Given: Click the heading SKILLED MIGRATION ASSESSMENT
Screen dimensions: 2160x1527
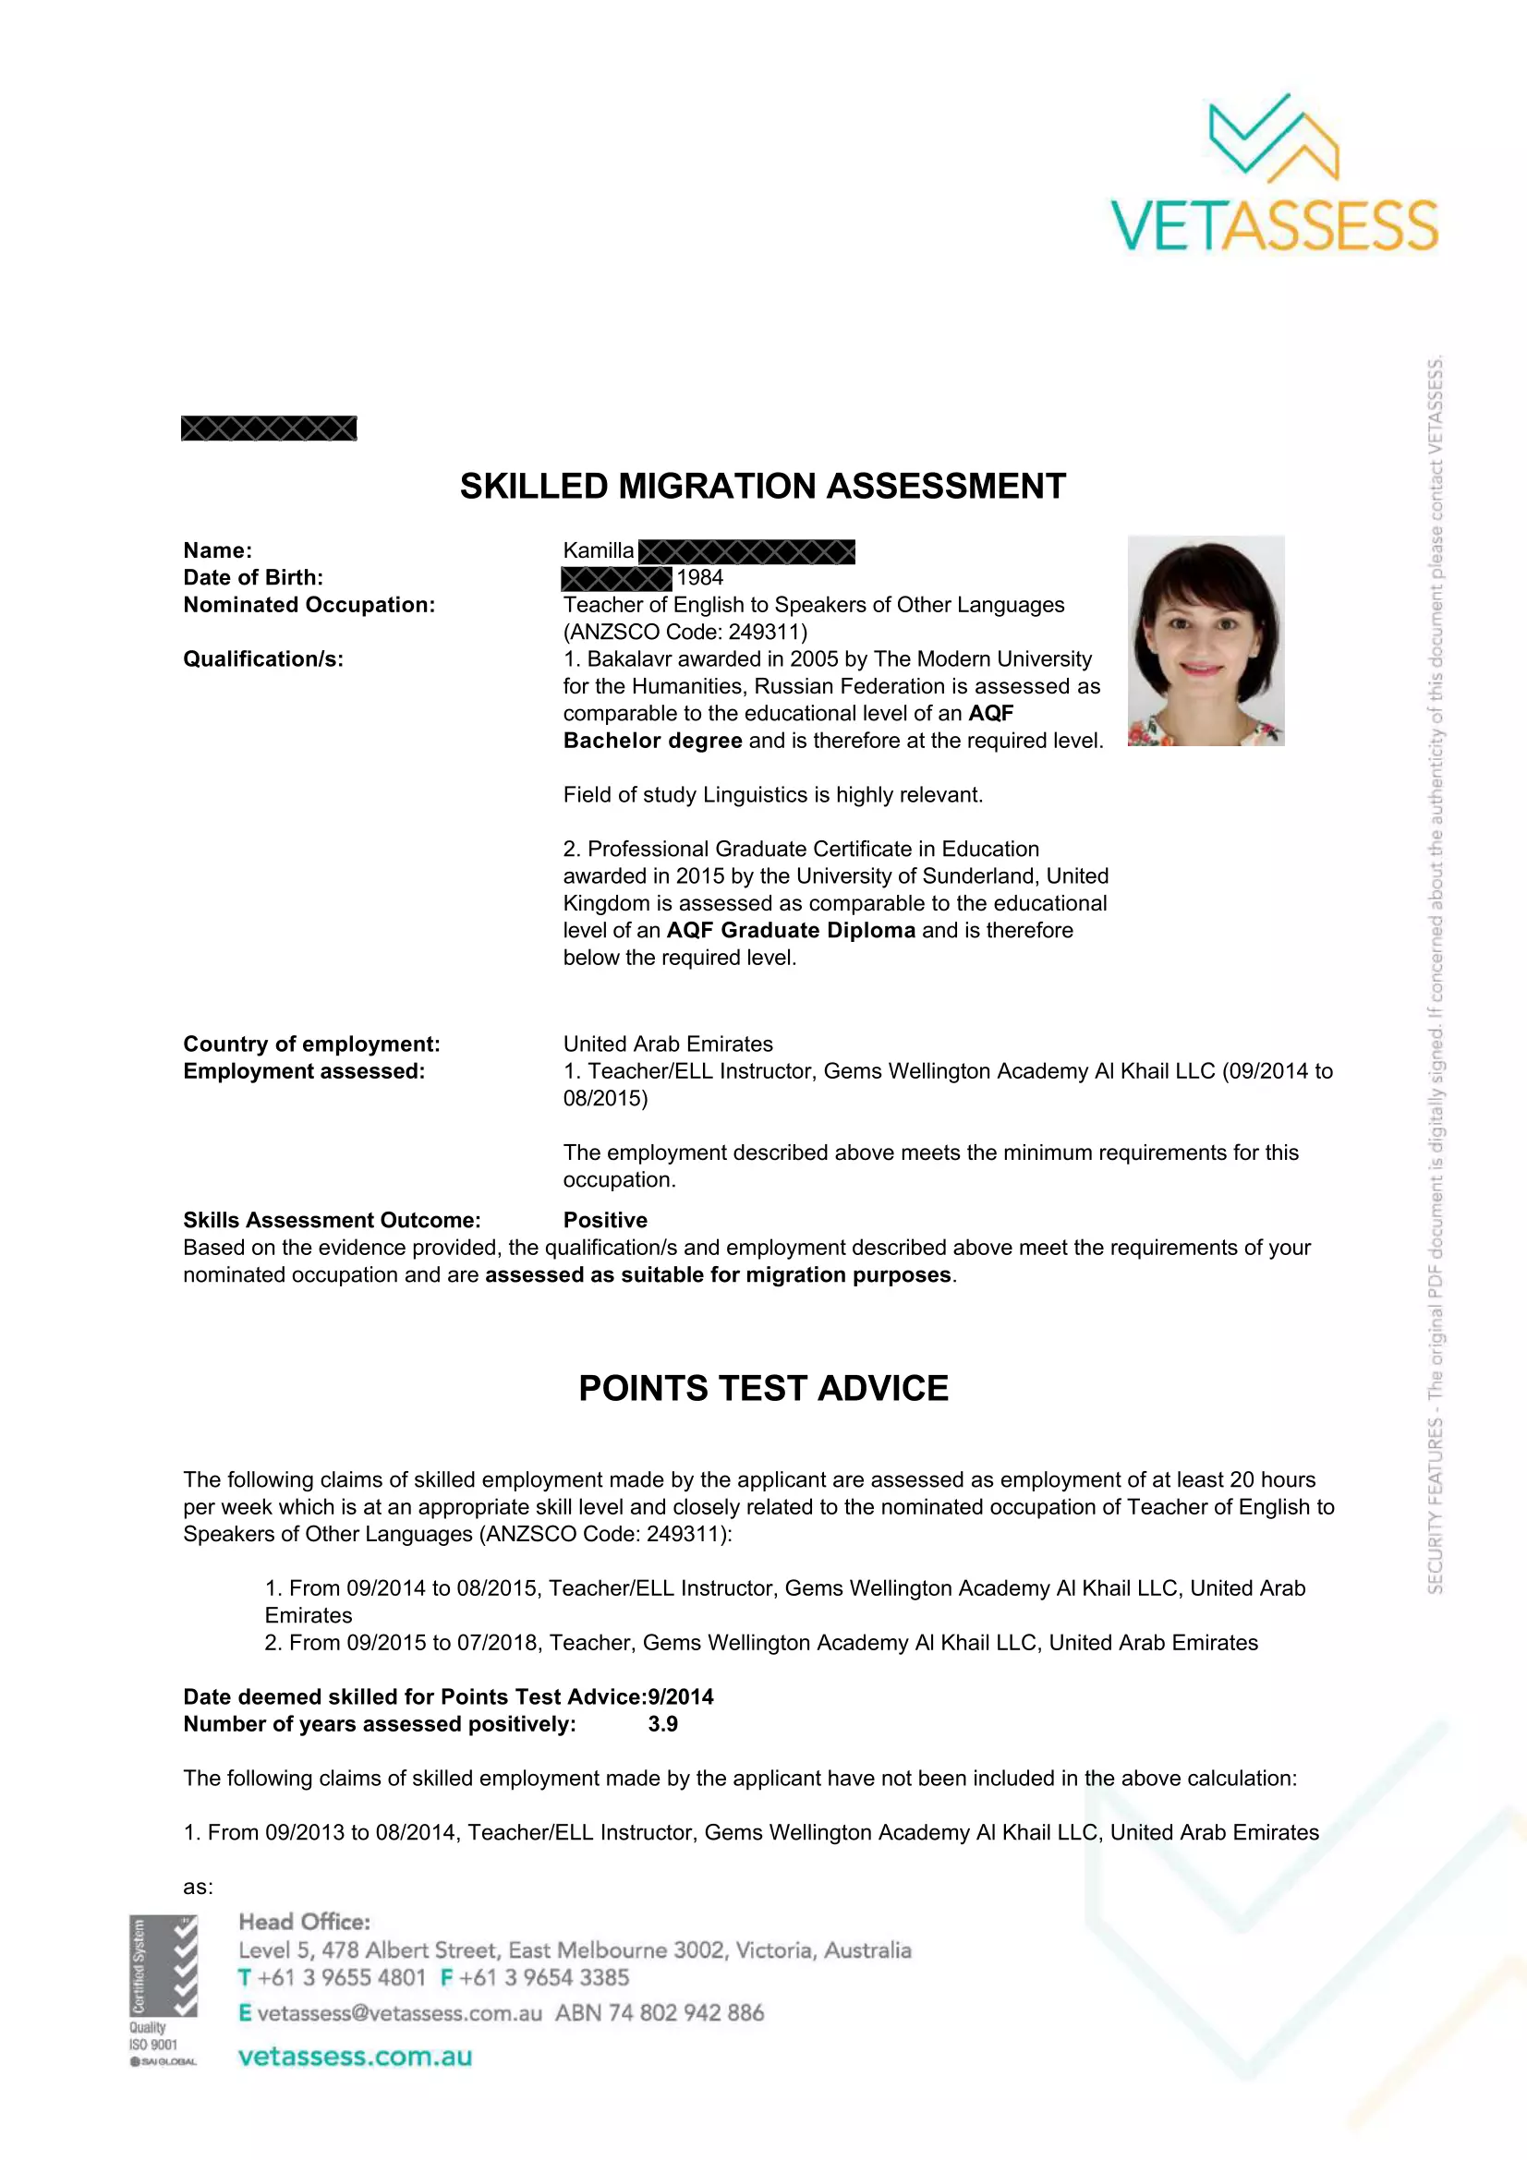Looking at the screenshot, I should [x=762, y=487].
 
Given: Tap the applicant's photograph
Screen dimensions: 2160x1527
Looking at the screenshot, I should [x=1206, y=641].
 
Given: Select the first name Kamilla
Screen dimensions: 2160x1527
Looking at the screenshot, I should [x=599, y=550].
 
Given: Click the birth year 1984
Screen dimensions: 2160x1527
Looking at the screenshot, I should [x=700, y=577].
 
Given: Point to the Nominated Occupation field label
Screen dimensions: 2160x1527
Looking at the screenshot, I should [x=309, y=605].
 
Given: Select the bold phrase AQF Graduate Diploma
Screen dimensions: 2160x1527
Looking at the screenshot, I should [x=791, y=931].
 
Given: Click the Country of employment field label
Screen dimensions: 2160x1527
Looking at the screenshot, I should [x=311, y=1044].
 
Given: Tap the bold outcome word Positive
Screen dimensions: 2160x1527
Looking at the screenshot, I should [x=605, y=1220].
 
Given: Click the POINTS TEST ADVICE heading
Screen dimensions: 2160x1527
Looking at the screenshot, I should [x=763, y=1389].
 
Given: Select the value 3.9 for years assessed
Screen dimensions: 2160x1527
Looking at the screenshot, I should [x=662, y=1724].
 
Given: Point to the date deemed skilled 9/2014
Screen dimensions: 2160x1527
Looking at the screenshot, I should [x=680, y=1697].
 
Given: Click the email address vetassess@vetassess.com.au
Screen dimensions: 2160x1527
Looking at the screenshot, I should [x=399, y=2013].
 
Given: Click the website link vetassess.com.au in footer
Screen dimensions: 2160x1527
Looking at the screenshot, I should [x=355, y=2057].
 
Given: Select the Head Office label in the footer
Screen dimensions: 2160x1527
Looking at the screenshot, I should [x=304, y=1922].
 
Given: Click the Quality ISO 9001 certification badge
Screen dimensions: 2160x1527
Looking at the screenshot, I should [x=163, y=1991].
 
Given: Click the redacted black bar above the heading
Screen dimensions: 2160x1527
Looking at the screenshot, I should [x=268, y=429].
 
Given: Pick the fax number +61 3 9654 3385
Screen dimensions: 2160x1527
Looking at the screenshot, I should [x=544, y=1977].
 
